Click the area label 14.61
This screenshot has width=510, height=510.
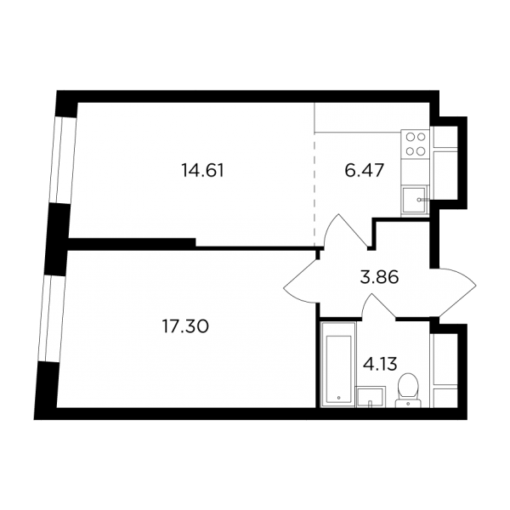tap(203, 171)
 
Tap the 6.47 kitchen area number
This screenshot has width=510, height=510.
tap(365, 171)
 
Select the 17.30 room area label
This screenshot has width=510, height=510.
tap(185, 326)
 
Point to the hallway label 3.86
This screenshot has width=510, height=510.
tap(379, 277)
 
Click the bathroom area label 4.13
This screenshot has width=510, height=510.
tap(380, 364)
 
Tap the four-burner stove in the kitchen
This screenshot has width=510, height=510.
tap(416, 144)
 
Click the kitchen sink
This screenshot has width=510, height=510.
tap(415, 200)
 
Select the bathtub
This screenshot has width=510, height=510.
tap(338, 365)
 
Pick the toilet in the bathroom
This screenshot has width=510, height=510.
tap(408, 390)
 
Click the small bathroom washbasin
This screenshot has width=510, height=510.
tap(371, 397)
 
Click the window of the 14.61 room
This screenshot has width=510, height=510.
tap(63, 160)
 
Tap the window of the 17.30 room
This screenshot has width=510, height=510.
tap(51, 319)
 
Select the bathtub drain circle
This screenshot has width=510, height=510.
tap(338, 398)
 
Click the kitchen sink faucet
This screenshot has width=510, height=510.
tap(422, 200)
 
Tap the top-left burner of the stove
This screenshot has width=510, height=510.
tap(410, 137)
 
